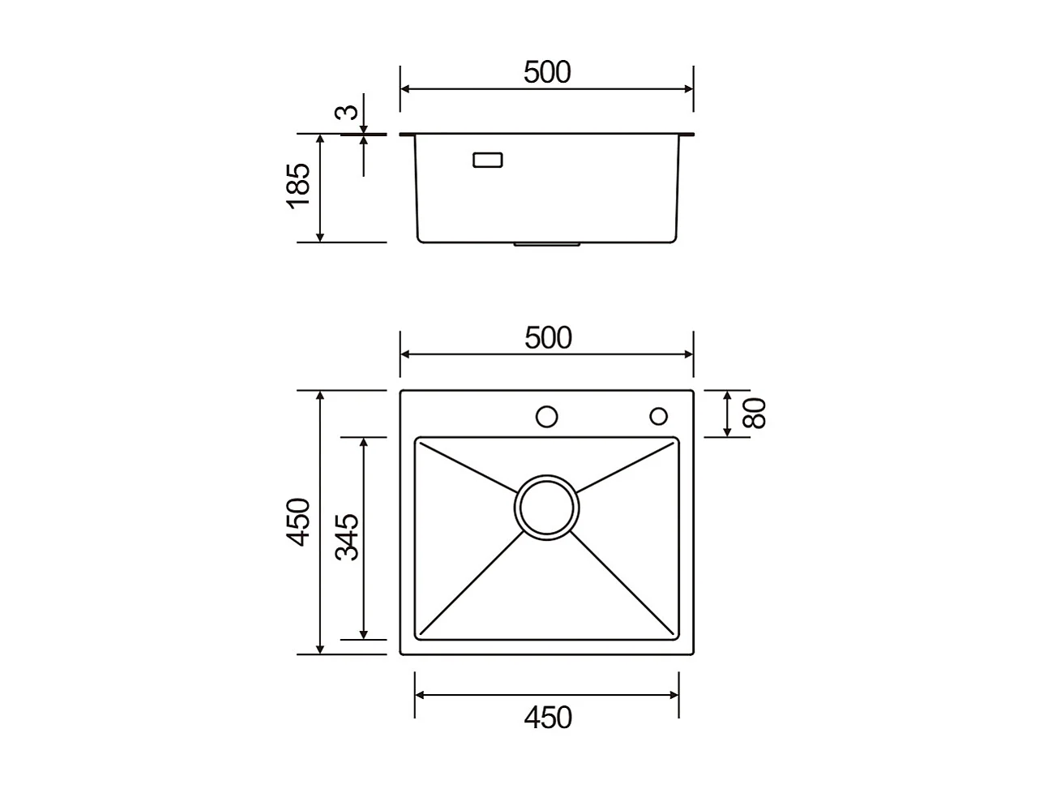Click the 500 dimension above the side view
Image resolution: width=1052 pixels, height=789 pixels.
click(547, 72)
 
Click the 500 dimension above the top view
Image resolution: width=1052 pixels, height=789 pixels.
click(548, 337)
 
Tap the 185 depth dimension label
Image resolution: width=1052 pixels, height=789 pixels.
click(298, 186)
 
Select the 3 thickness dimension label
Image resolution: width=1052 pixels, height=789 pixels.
click(346, 112)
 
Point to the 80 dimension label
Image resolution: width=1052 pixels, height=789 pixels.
click(755, 413)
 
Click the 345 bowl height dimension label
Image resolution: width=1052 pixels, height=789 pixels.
click(348, 537)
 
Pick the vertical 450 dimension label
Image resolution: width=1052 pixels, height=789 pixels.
click(298, 522)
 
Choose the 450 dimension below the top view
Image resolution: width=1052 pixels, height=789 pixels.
click(548, 718)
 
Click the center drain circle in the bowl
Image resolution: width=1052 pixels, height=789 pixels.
click(546, 507)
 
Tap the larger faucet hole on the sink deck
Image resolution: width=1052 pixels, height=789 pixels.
click(546, 417)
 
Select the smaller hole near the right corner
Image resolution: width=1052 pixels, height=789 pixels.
click(658, 416)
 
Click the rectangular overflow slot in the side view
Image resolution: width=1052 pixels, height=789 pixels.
click(488, 160)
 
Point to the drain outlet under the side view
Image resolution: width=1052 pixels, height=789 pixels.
click(546, 242)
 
